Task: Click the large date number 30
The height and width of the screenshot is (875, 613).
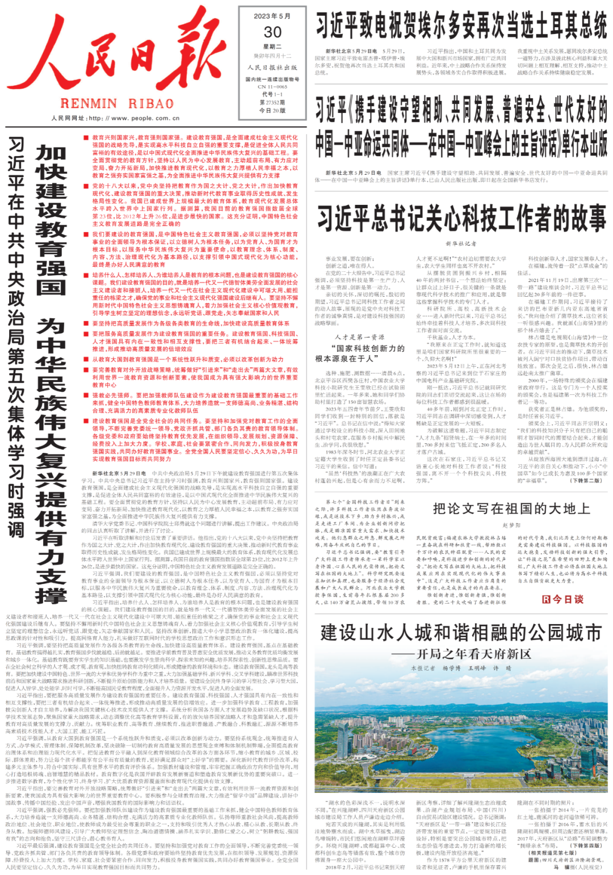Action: (x=272, y=32)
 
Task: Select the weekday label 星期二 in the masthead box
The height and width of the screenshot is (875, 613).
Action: (x=272, y=47)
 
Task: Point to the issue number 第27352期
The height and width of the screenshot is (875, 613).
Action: (x=272, y=103)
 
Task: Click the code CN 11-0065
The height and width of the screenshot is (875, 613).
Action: (x=272, y=87)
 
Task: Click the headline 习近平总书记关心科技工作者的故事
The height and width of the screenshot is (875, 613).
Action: (x=461, y=219)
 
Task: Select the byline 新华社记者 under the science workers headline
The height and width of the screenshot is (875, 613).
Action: (x=461, y=244)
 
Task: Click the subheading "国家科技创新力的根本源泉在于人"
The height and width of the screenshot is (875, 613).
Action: (x=360, y=353)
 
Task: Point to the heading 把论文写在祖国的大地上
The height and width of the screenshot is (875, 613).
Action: (x=511, y=508)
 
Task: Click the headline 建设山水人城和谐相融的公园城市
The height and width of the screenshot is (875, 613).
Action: (x=461, y=632)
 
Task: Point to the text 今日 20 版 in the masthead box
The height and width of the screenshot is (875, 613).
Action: (x=272, y=111)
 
